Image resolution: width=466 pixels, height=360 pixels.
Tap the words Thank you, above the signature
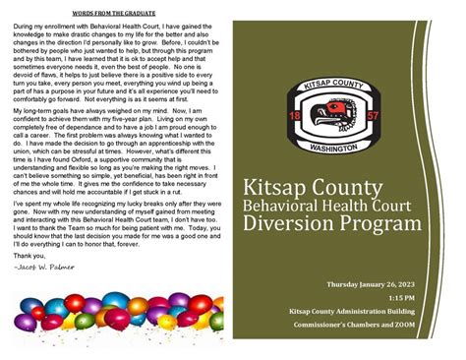click(30, 256)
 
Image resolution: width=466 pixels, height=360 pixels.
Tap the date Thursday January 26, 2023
click(370, 284)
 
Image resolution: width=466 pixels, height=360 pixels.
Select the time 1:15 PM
click(400, 296)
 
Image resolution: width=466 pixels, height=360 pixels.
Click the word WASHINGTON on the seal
click(340, 149)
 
